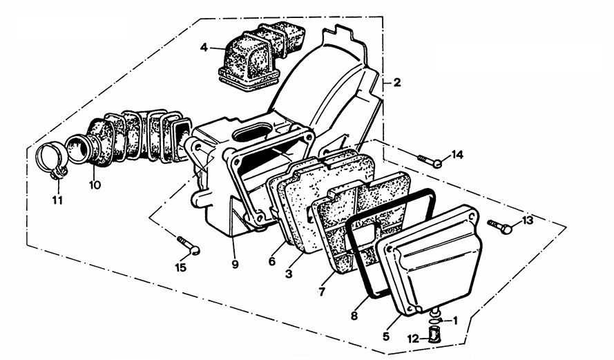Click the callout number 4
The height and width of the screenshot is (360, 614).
(x=204, y=48)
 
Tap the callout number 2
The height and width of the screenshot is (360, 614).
(x=397, y=83)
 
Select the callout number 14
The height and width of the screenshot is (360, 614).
(x=457, y=155)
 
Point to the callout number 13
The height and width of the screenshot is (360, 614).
(x=527, y=220)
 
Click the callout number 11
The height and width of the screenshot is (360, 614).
(x=57, y=200)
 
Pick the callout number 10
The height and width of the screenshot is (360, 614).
(x=95, y=184)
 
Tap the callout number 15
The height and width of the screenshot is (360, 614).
(x=180, y=268)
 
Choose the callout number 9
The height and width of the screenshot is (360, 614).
(x=235, y=265)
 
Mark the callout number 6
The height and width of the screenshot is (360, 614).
(x=272, y=261)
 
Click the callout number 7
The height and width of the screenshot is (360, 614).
(x=322, y=292)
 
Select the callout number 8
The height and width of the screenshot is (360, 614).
(x=354, y=316)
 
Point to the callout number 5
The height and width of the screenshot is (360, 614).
(x=385, y=336)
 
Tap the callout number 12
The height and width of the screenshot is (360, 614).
(x=413, y=339)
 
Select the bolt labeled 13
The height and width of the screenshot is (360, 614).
(x=500, y=226)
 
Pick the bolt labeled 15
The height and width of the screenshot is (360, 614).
(x=189, y=245)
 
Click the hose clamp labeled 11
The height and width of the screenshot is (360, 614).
(x=52, y=160)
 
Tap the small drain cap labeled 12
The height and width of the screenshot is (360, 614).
(x=434, y=336)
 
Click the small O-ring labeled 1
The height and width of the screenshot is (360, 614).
(x=435, y=322)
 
